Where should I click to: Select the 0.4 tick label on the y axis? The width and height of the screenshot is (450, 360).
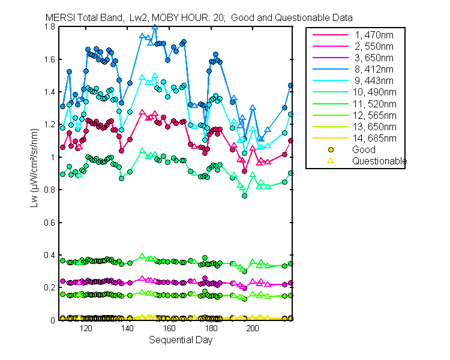(51, 255)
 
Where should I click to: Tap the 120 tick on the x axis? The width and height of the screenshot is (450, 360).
(86, 329)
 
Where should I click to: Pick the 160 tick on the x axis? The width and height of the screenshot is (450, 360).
(169, 329)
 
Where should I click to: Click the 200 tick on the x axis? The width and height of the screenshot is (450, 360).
(253, 329)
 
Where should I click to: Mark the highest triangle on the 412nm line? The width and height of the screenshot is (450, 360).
(155, 27)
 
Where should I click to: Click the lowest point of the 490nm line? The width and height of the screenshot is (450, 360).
(244, 196)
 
